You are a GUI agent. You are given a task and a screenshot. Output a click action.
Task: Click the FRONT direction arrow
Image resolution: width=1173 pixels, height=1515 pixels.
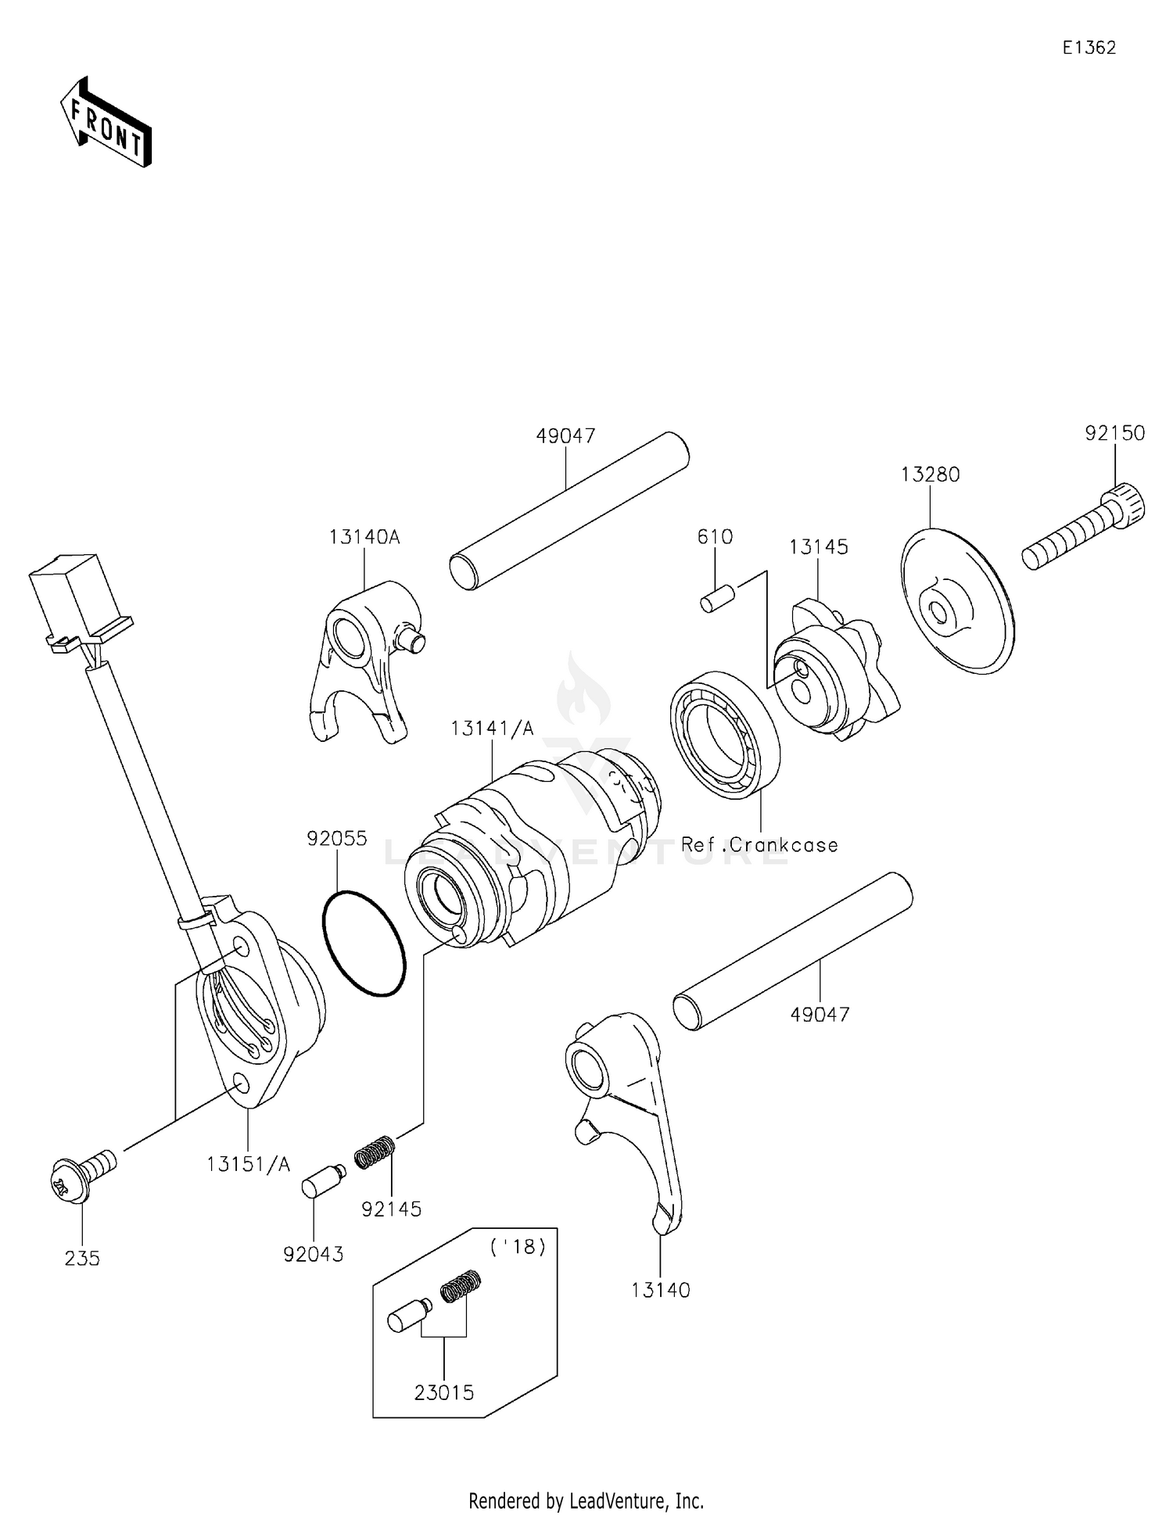pyautogui.click(x=106, y=124)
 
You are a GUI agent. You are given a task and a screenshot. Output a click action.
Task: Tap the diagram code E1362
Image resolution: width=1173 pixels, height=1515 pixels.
pyautogui.click(x=1089, y=48)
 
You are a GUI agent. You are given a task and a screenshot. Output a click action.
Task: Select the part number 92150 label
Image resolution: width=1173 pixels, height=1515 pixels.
pyautogui.click(x=1114, y=433)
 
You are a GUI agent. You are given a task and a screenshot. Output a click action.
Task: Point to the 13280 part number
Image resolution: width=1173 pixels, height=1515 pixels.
pyautogui.click(x=930, y=475)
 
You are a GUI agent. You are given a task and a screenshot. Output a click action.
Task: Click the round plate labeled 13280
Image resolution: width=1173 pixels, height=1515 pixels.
pyautogui.click(x=957, y=601)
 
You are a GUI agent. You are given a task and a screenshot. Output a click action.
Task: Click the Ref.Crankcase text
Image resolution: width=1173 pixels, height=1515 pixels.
pyautogui.click(x=759, y=845)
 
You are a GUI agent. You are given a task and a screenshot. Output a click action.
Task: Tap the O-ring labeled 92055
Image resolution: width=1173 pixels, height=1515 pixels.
pyautogui.click(x=364, y=944)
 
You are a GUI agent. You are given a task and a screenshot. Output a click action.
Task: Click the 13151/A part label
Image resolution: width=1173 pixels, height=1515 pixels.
pyautogui.click(x=248, y=1165)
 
